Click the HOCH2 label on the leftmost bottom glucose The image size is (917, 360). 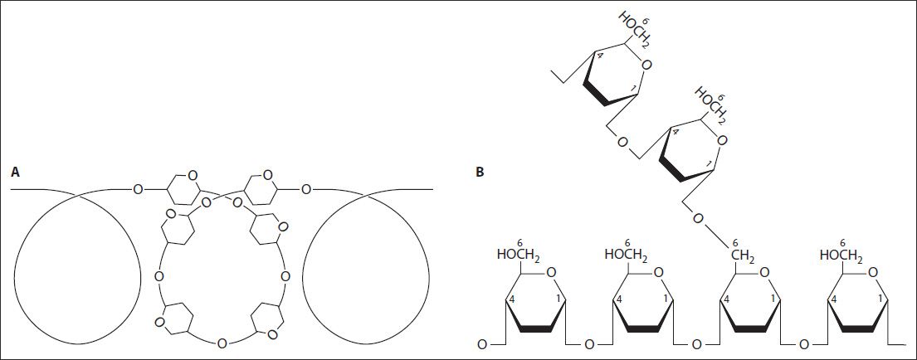pyautogui.click(x=516, y=255)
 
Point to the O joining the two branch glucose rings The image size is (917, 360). pyautogui.click(x=622, y=142)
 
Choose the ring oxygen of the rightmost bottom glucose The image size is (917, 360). pyautogui.click(x=874, y=272)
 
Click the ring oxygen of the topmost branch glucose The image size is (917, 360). pyautogui.click(x=646, y=65)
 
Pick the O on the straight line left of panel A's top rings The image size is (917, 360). pyautogui.click(x=138, y=189)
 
